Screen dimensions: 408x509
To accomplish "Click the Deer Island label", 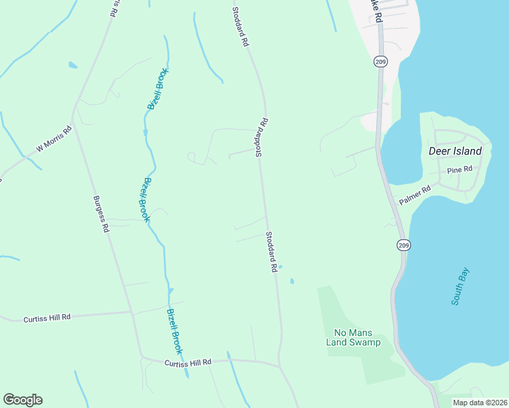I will tap(455, 151).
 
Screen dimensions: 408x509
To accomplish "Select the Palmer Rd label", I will tap(415, 194).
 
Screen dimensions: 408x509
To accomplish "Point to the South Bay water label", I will tap(461, 286).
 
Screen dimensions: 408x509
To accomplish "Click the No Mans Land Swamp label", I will tap(352, 337).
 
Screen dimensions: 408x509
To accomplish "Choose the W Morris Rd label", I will tap(54, 138).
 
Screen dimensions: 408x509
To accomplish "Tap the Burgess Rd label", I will tap(101, 215).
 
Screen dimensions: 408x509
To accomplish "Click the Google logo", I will tap(22, 400).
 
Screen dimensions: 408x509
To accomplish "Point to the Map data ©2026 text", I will tap(479, 403).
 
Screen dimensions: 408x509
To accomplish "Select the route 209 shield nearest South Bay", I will tap(404, 245).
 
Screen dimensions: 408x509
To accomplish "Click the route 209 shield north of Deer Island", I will tap(379, 62).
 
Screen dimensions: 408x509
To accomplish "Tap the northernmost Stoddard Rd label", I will tap(240, 27).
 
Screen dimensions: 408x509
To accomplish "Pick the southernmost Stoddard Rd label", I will tap(272, 252).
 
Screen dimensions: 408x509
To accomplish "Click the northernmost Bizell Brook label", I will tap(157, 89).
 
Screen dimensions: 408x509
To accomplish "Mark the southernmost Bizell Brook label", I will tap(175, 331).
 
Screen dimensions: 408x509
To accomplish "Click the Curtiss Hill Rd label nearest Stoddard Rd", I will tap(188, 363).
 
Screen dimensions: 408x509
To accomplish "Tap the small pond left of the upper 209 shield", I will tap(72, 65).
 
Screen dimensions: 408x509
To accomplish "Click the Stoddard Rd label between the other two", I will tap(262, 138).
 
